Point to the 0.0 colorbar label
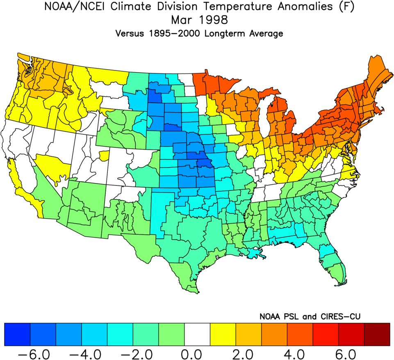(197, 353)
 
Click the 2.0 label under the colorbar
(248, 353)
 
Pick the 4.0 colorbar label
(300, 353)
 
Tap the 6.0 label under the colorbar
(351, 353)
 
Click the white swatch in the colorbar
(197, 334)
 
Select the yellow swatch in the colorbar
(223, 334)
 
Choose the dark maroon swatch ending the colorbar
(377, 334)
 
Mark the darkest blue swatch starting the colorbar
(17, 334)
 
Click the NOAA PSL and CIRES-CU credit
(310, 316)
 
